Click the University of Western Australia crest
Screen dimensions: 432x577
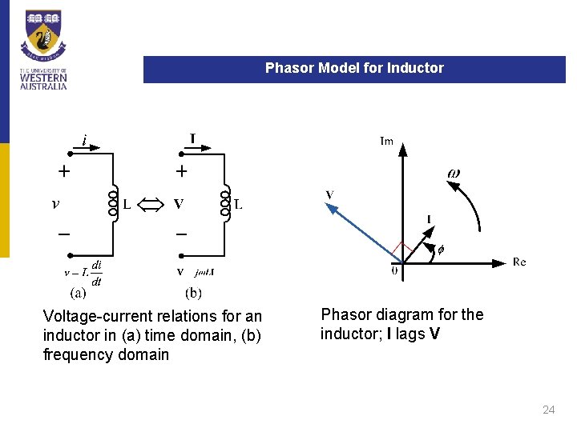tap(43, 36)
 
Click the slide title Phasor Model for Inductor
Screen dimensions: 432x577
tap(354, 69)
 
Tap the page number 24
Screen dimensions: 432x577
tap(548, 410)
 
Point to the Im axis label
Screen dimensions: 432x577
tap(386, 142)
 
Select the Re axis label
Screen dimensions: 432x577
tap(519, 262)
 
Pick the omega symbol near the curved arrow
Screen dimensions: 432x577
tap(454, 174)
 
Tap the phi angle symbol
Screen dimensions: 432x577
tap(439, 249)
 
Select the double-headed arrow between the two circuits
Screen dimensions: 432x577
tap(151, 204)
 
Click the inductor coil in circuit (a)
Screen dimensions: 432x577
tap(113, 204)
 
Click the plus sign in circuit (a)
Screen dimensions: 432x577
tap(63, 170)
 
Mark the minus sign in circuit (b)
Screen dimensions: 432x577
tap(181, 234)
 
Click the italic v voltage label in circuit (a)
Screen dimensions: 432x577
tap(54, 204)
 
